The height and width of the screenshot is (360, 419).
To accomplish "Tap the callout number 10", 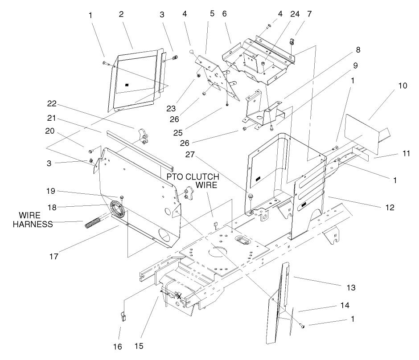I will (x=402, y=86).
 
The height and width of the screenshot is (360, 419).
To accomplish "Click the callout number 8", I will (x=358, y=49).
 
